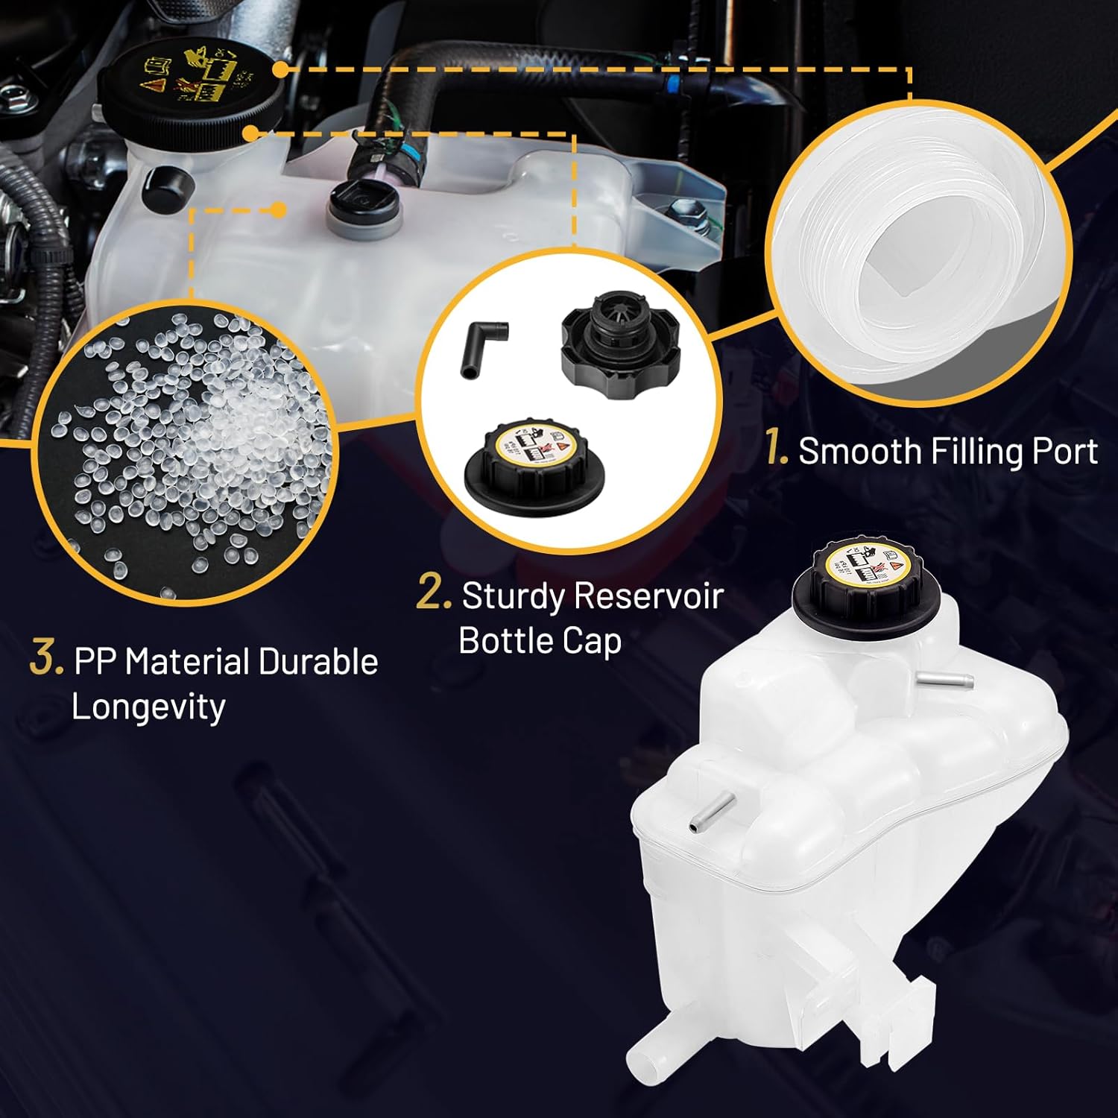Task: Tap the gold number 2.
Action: tap(433, 594)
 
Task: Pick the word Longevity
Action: tap(148, 707)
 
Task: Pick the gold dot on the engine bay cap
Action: tap(279, 69)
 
